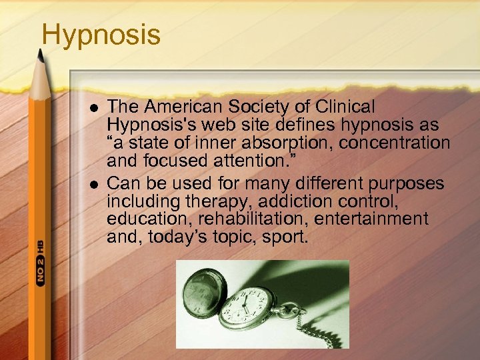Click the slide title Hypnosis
[x=101, y=35]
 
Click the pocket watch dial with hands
[x=249, y=307]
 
